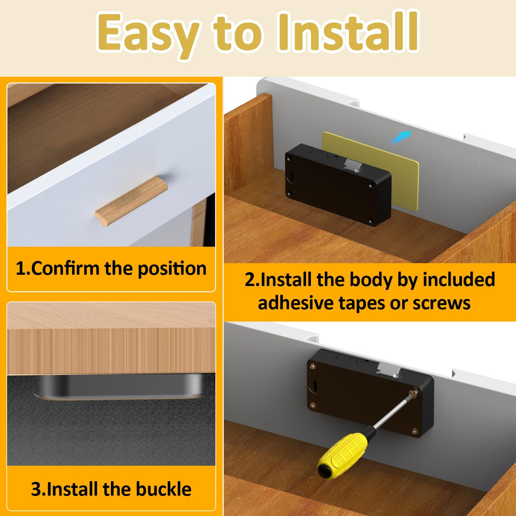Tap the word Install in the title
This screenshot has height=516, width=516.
pyautogui.click(x=348, y=31)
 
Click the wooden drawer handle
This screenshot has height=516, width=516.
pyautogui.click(x=131, y=201)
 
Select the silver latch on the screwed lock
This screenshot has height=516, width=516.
pyautogui.click(x=388, y=371)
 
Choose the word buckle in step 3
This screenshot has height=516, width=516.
pyautogui.click(x=163, y=488)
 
